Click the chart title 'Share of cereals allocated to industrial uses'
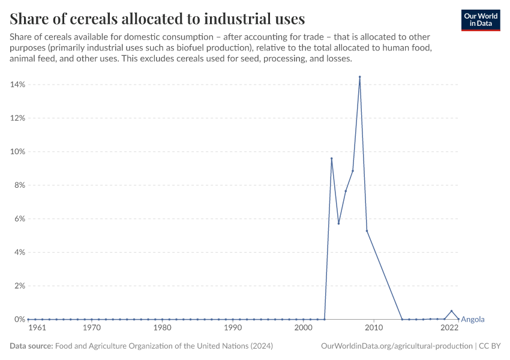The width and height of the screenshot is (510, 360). [157, 18]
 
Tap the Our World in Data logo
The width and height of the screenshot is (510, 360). [481, 20]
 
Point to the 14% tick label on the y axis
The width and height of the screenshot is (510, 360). [17, 85]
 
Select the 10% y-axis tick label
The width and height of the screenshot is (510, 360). [17, 152]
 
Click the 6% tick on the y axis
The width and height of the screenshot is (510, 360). [19, 219]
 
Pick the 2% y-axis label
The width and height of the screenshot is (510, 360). [19, 286]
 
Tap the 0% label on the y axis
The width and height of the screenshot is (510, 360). [19, 320]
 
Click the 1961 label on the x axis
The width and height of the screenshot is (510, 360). [37, 328]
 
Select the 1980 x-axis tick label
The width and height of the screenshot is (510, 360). [162, 328]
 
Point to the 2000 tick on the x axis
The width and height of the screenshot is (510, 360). [303, 328]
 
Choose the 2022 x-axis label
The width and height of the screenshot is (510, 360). [449, 328]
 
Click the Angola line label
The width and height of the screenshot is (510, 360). [473, 320]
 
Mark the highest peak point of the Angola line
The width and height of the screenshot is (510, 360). [359, 77]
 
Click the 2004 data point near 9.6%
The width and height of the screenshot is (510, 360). [331, 158]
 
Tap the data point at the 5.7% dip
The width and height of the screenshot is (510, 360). [338, 223]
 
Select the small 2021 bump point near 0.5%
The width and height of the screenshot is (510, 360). [451, 311]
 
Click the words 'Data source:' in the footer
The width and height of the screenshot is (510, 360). [31, 346]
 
